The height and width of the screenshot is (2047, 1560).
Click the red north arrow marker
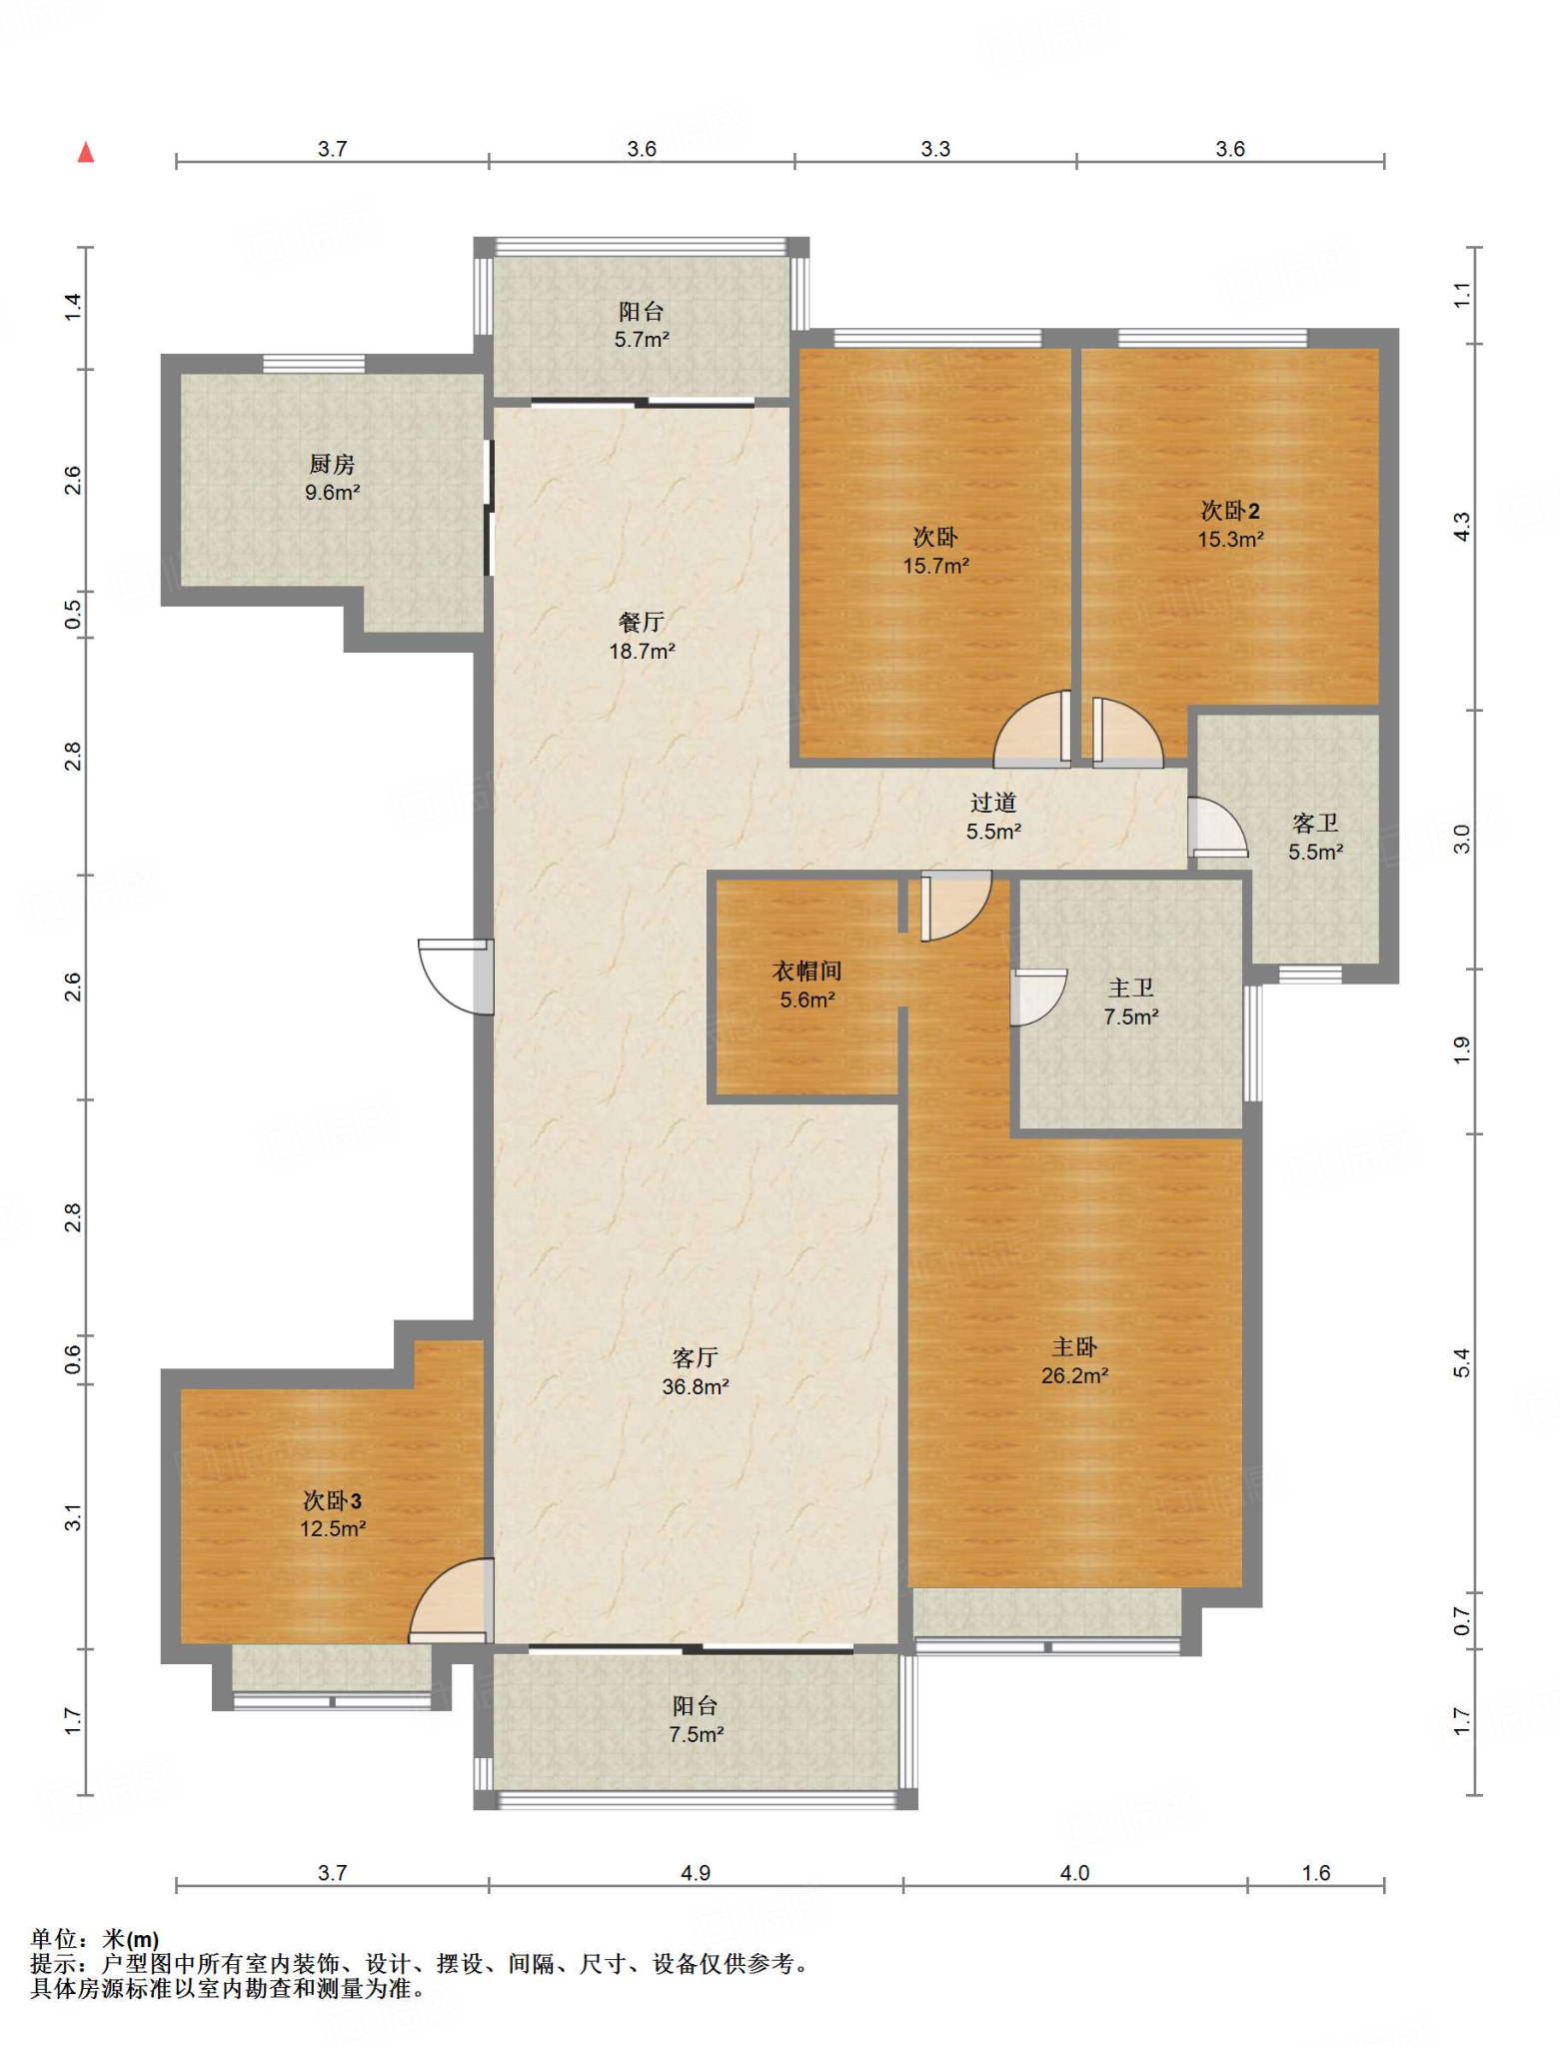86,152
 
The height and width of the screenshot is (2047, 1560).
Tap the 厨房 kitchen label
332,478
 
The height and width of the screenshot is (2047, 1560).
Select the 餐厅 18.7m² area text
642,637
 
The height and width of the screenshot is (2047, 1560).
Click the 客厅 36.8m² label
695,1371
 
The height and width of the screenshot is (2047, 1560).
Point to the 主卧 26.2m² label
1074,1360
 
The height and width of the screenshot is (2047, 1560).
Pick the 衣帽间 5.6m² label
806,985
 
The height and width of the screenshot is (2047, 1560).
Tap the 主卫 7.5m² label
1130,1003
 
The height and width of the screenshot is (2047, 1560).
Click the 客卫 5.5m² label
1314,837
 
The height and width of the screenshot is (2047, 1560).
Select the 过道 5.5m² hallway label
993,816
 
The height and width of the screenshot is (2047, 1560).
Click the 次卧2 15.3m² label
1230,525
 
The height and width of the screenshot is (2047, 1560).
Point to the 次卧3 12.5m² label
332,1514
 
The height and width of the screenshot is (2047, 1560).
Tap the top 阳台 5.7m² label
641,325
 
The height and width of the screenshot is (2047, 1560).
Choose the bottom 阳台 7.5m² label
696,1720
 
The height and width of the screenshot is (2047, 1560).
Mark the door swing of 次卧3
451,1600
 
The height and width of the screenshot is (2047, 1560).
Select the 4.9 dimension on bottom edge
696,1872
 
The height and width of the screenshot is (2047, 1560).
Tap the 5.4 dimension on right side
1462,1362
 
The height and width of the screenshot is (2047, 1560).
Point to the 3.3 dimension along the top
935,149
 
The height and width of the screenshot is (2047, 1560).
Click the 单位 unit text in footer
54,1941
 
